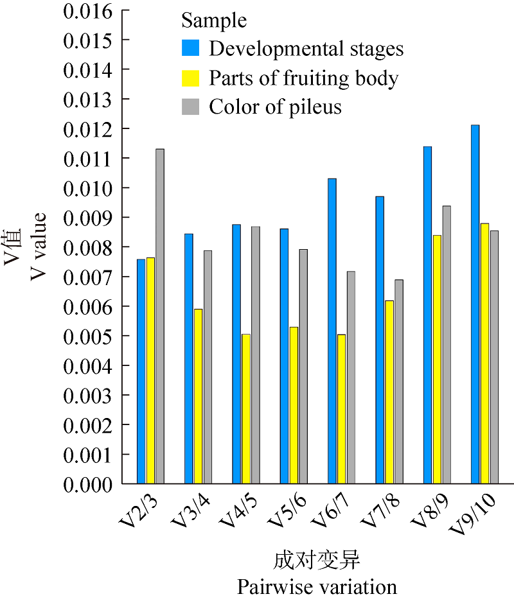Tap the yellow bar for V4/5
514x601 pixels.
(x=246, y=408)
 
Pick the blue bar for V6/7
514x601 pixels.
(x=332, y=331)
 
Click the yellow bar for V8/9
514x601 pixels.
(x=437, y=359)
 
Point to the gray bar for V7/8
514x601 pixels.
(x=399, y=381)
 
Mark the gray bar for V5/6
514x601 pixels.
(x=303, y=366)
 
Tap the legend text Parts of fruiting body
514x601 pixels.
(x=303, y=78)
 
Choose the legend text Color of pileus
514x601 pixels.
(x=275, y=107)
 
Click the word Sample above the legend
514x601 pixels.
(x=214, y=21)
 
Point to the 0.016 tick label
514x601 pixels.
(x=87, y=12)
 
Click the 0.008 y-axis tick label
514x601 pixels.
(x=87, y=248)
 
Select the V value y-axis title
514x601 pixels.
(x=38, y=247)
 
